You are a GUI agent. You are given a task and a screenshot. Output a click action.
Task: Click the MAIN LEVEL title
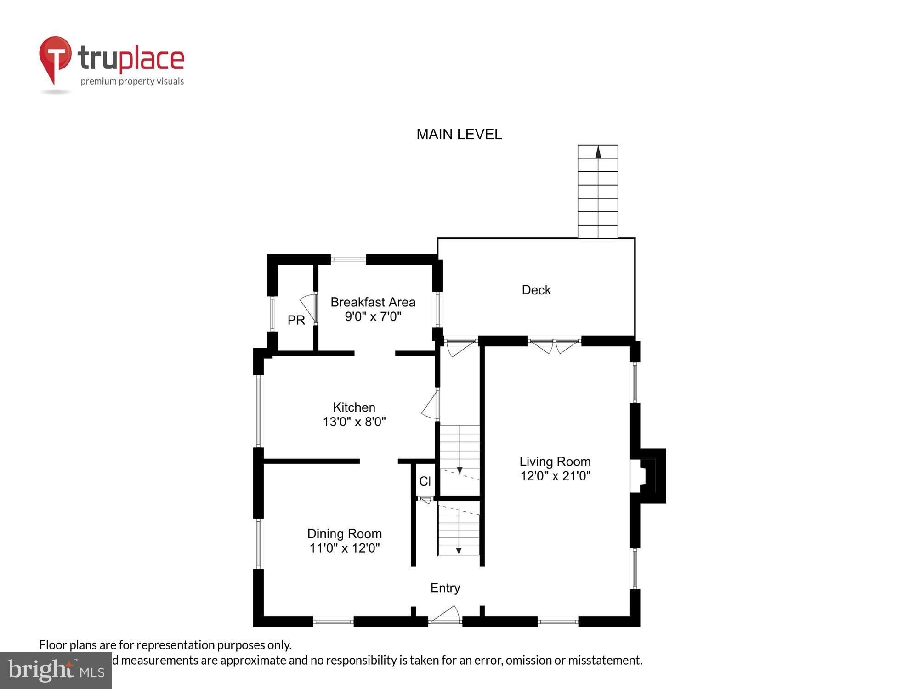(x=459, y=134)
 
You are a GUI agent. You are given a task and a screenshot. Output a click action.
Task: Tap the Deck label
(x=536, y=290)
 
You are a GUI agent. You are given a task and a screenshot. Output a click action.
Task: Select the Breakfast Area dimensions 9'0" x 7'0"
(x=373, y=316)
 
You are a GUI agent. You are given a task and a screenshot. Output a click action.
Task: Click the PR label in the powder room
(x=296, y=320)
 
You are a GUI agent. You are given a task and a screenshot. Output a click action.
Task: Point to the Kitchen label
(x=354, y=407)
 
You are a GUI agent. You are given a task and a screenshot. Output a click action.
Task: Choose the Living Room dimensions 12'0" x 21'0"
(x=555, y=476)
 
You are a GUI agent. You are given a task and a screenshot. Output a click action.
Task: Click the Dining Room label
(x=344, y=534)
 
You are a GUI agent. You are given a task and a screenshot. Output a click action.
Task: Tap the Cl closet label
(x=425, y=481)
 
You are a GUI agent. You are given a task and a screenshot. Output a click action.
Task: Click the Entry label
(x=445, y=588)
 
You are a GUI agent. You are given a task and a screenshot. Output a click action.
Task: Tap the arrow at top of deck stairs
(x=598, y=152)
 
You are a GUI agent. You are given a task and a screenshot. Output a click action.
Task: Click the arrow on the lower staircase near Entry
(x=458, y=550)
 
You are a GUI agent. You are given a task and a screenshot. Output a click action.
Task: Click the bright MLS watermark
(x=56, y=671)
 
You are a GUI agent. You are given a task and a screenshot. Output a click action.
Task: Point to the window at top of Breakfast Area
(x=348, y=260)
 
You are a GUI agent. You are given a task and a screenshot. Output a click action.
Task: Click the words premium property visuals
(x=132, y=82)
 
